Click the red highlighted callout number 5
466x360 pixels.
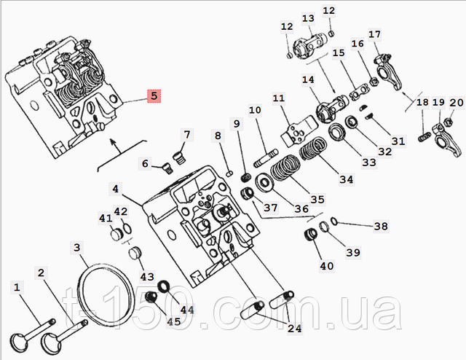[154, 96]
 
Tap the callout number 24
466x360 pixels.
[294, 328]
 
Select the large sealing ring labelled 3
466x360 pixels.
[107, 294]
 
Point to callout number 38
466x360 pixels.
[381, 227]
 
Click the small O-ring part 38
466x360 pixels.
[333, 221]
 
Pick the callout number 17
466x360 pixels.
[374, 34]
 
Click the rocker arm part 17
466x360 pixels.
[388, 71]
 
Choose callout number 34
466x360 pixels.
[347, 180]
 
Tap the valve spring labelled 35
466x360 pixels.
[285, 168]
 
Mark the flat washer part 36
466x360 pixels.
[264, 182]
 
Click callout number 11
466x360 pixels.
[278, 98]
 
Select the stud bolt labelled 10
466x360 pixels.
[266, 159]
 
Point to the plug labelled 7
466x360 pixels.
[179, 157]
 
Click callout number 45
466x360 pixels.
[174, 321]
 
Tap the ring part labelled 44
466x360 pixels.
[163, 286]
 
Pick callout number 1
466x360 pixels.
[17, 287]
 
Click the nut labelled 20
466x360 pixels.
[448, 121]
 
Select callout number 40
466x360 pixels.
[327, 266]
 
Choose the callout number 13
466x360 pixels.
[308, 18]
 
